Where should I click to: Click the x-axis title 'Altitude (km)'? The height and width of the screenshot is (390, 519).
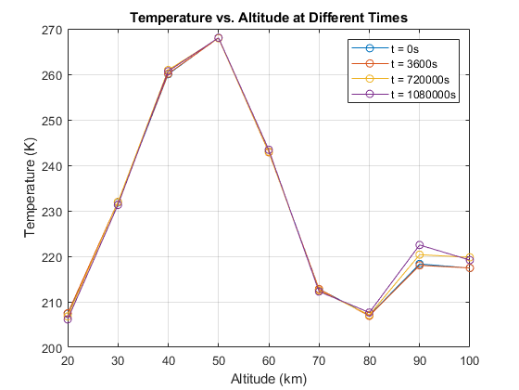click(x=268, y=378)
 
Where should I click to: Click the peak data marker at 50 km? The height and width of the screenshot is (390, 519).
click(x=218, y=38)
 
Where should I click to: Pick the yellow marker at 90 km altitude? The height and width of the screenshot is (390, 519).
click(x=420, y=254)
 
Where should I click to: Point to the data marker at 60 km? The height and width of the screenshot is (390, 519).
click(x=269, y=150)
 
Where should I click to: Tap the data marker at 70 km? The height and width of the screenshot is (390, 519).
click(x=319, y=291)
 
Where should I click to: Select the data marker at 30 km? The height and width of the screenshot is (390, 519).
click(x=118, y=203)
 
